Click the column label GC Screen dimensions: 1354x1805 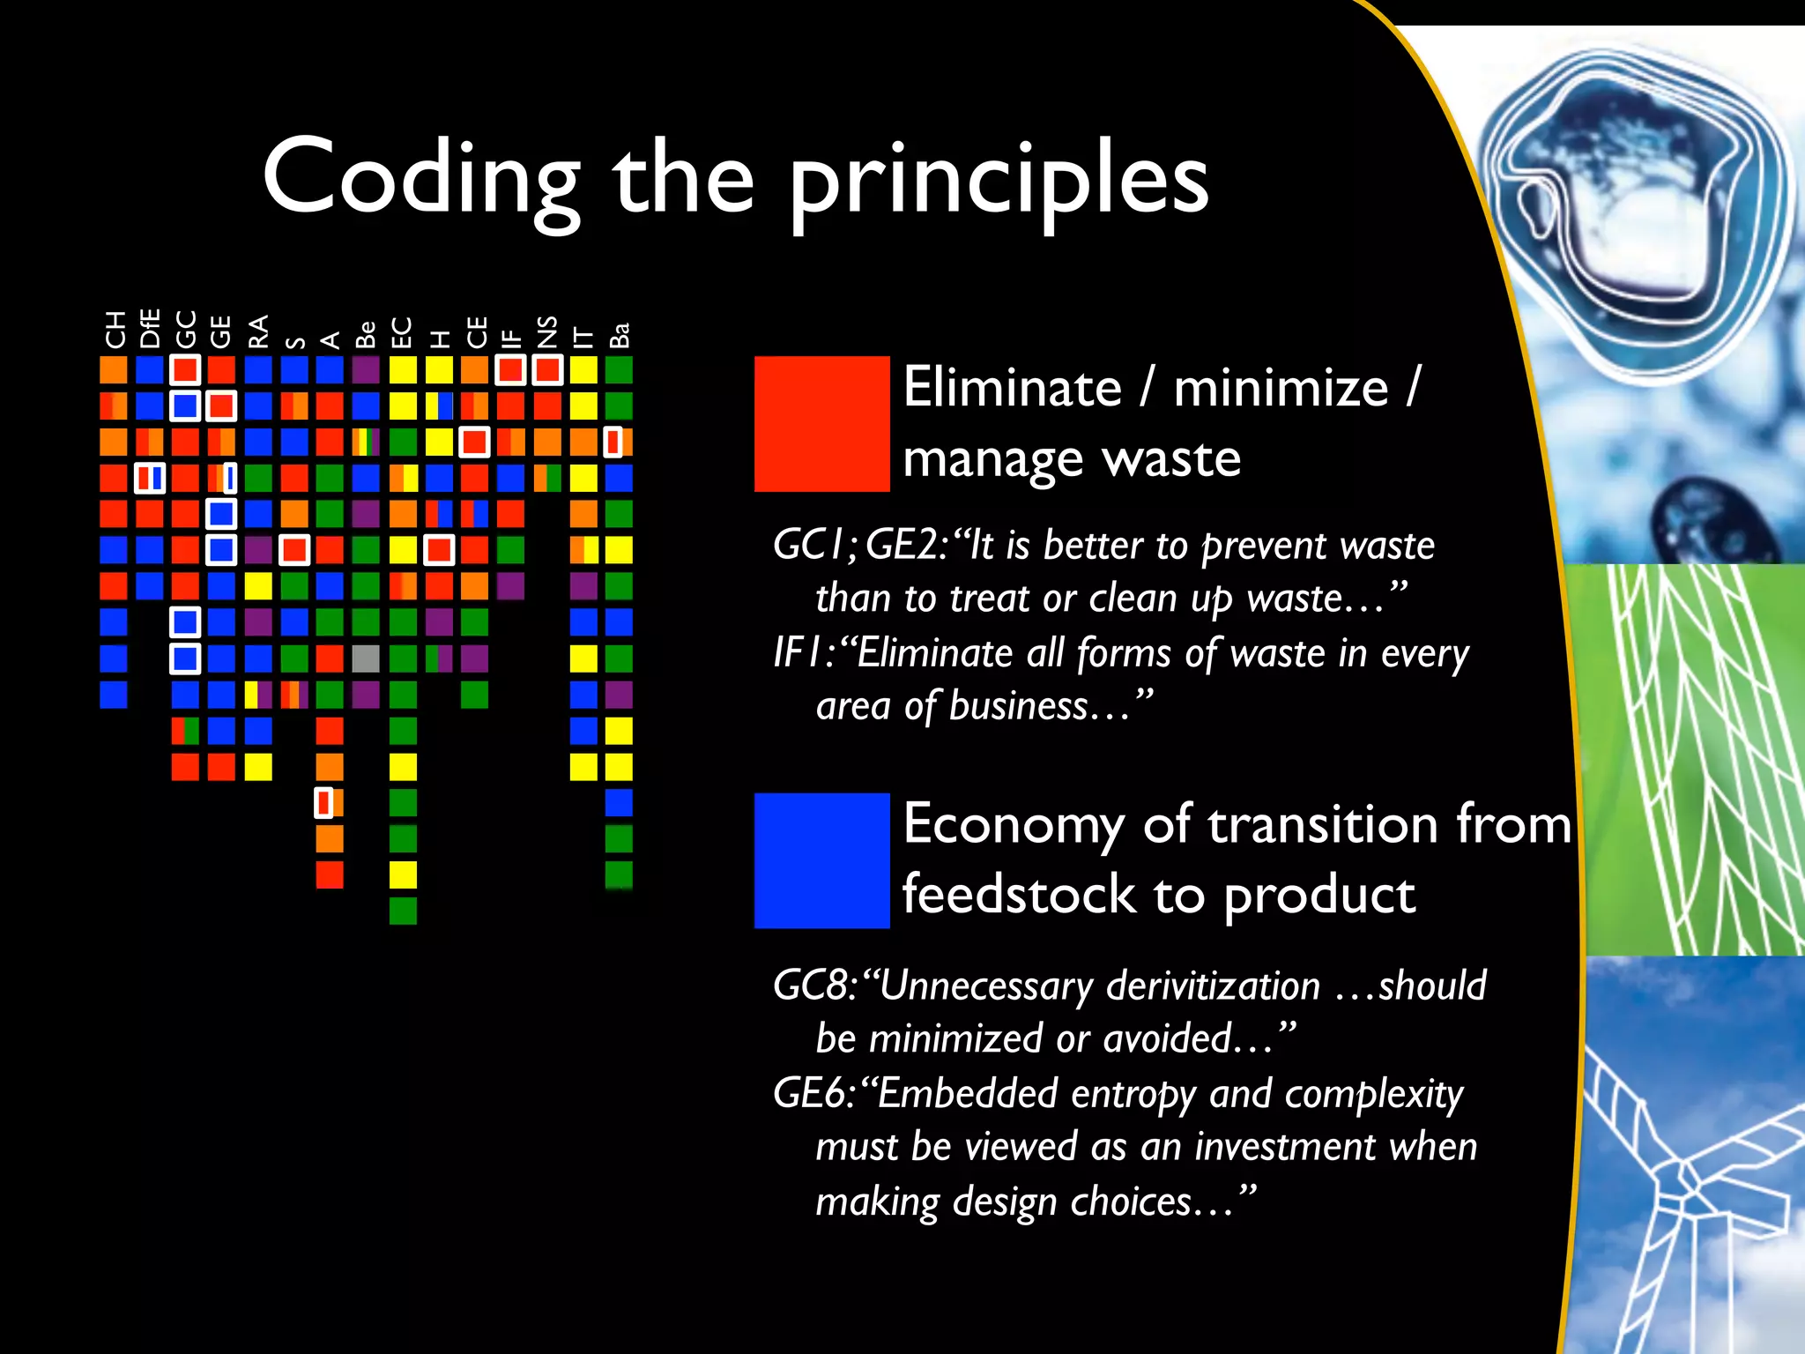[x=185, y=330]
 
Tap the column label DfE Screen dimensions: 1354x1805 [x=150, y=329]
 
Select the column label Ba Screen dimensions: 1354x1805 [x=620, y=335]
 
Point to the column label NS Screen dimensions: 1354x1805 [x=546, y=331]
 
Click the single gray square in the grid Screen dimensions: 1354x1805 [x=366, y=658]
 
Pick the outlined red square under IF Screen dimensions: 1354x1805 [x=510, y=369]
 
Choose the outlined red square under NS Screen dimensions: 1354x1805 [x=546, y=369]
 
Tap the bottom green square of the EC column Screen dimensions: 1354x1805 [x=403, y=910]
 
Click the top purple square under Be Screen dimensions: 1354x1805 [x=366, y=369]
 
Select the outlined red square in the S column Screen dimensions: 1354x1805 [x=294, y=549]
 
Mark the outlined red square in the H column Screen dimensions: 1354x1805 [x=439, y=549]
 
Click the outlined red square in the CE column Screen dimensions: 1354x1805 [x=474, y=442]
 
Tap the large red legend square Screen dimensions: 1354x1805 [x=821, y=423]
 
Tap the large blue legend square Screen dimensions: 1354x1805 [x=821, y=860]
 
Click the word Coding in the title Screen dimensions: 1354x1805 [x=421, y=179]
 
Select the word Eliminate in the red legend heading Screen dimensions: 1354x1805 [x=1012, y=388]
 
